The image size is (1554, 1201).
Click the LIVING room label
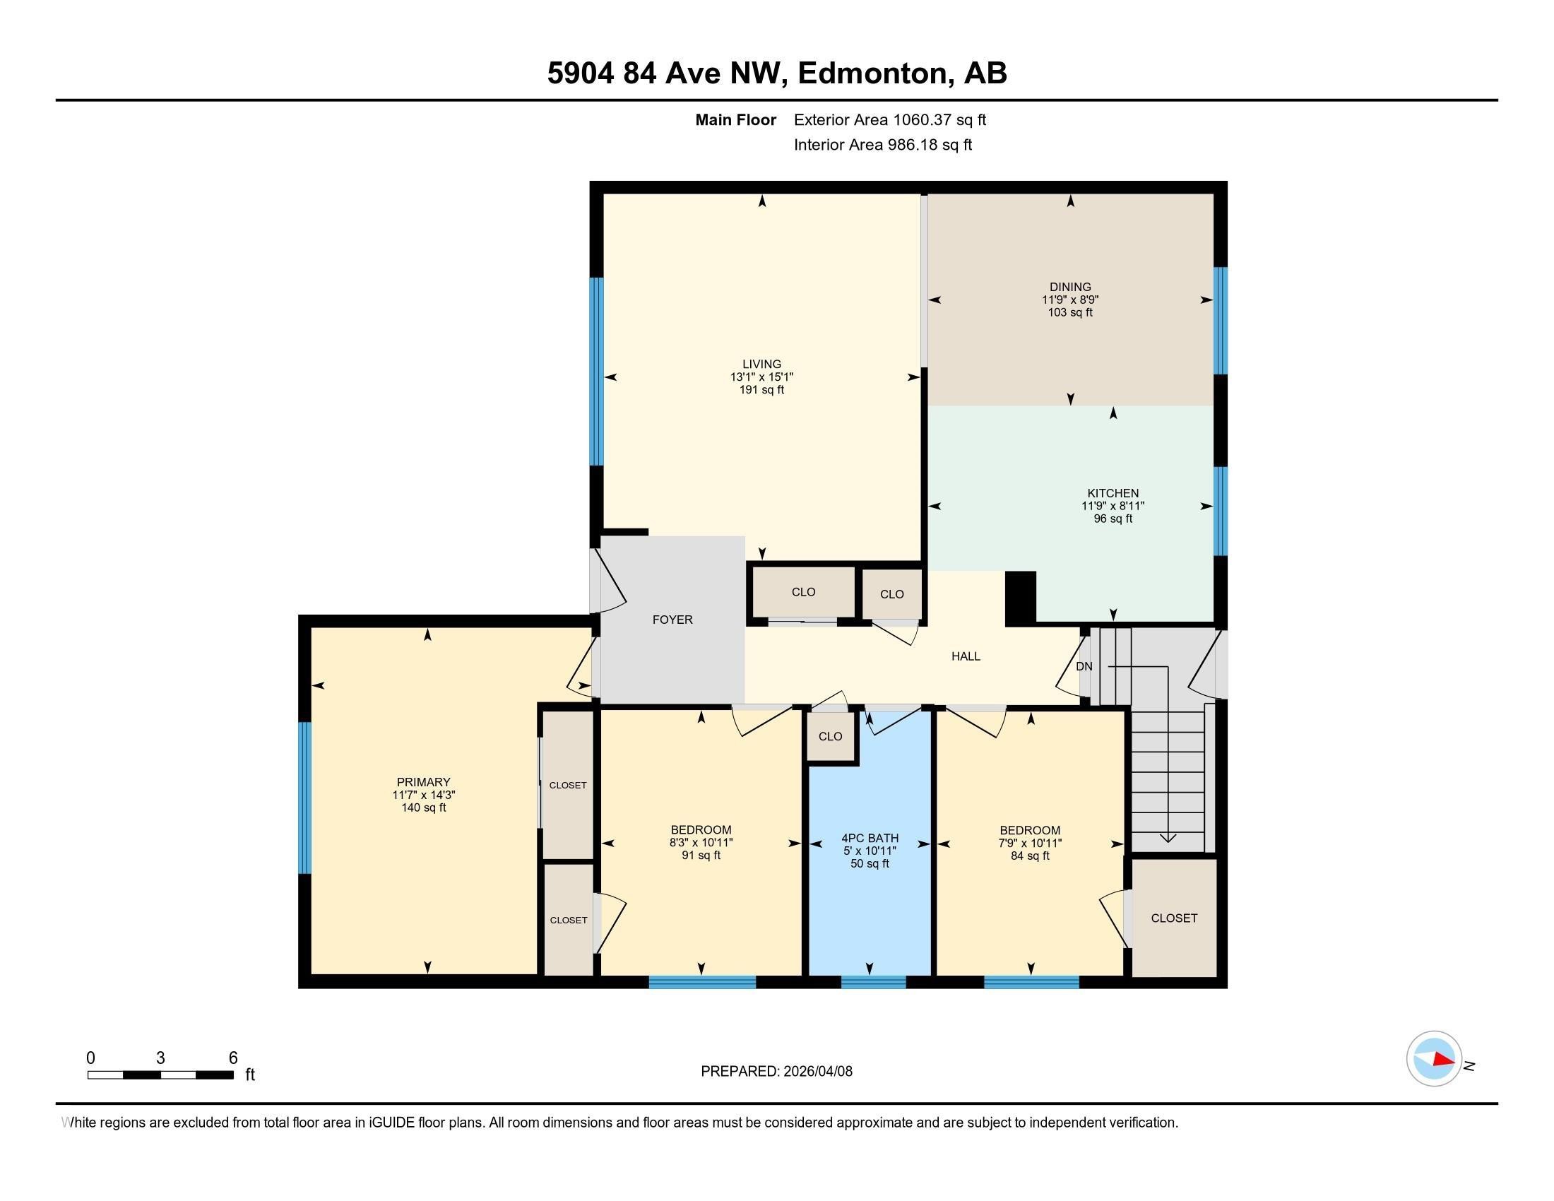(761, 365)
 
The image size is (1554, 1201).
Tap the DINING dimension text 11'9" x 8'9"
(1070, 300)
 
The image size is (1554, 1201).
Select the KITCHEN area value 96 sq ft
(1113, 519)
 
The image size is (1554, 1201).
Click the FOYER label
(672, 620)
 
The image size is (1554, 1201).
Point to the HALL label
(966, 657)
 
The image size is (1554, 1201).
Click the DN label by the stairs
(1084, 667)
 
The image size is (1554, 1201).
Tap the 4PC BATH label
(870, 838)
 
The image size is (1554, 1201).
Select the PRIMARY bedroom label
(423, 782)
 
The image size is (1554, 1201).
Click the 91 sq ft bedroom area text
(701, 856)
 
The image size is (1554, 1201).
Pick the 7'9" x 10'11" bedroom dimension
(1030, 843)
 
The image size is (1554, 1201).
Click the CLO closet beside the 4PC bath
(831, 736)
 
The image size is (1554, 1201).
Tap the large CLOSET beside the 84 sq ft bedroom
(1174, 918)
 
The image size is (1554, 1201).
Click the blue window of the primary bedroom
(304, 798)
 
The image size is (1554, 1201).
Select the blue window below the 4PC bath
(873, 983)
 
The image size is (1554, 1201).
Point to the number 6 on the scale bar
(232, 1058)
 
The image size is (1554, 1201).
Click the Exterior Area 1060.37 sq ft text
(889, 119)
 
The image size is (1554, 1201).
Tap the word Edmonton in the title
(875, 73)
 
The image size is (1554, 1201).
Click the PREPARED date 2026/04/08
(817, 1072)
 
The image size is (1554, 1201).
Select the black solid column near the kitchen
(1021, 598)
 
